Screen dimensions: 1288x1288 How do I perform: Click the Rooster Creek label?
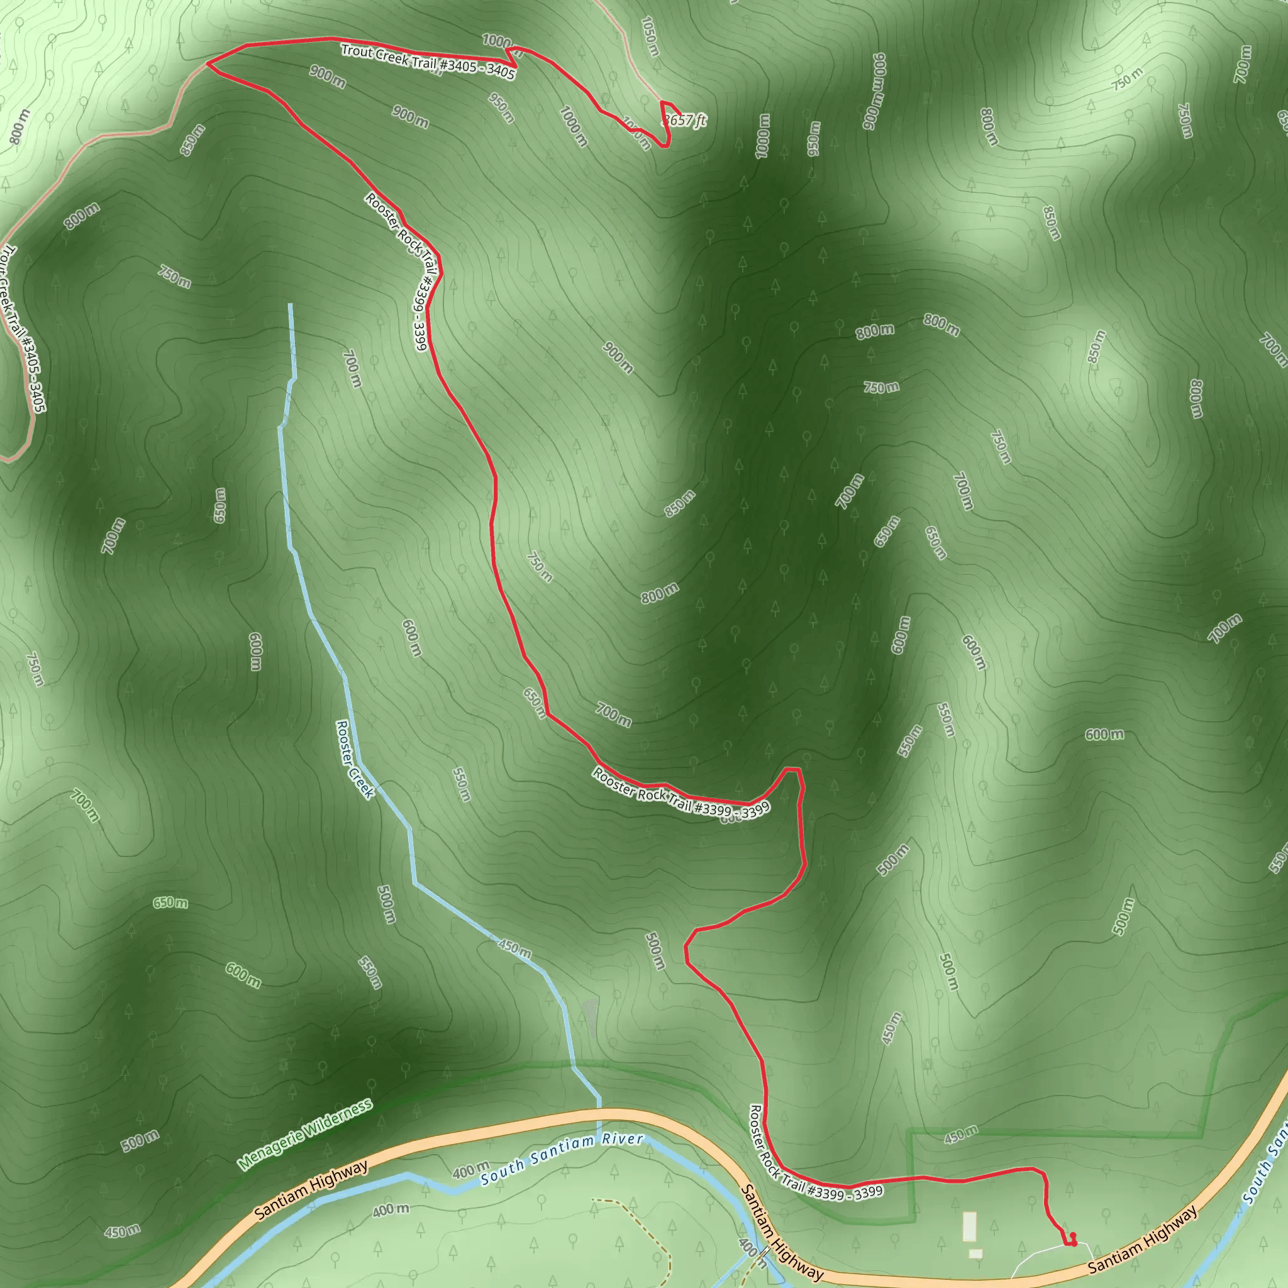pos(355,758)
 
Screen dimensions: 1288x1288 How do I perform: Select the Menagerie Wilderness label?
pos(304,1135)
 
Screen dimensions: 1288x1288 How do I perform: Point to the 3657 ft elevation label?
pos(685,121)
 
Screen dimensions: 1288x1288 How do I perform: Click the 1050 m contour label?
pos(650,36)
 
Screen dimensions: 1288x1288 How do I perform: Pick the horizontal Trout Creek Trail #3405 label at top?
pos(427,62)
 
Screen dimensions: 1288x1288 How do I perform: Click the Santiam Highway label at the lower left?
pos(311,1190)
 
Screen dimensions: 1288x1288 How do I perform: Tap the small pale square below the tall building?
pos(975,1254)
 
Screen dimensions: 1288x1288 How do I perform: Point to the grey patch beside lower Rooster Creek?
pos(591,1014)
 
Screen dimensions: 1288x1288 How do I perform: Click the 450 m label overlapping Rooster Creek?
pos(514,948)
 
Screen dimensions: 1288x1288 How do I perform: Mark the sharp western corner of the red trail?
pos(208,64)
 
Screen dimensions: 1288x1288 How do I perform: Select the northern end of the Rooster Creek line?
pos(290,305)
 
